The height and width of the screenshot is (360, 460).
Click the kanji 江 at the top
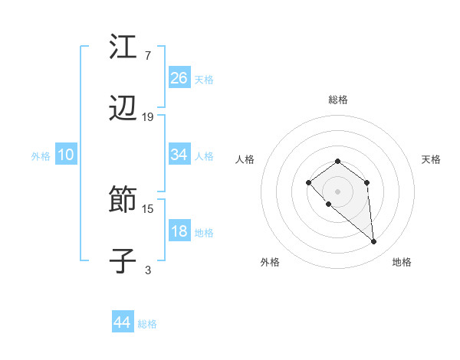click(x=123, y=47)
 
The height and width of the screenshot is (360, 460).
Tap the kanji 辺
click(x=123, y=110)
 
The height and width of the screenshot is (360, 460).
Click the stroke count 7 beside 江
click(x=147, y=55)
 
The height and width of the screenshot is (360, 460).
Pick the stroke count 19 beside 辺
click(x=148, y=117)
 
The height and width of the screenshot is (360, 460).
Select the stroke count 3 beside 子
click(x=147, y=270)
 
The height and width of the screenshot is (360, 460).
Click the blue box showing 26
click(x=179, y=77)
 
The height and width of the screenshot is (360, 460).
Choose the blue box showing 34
click(x=179, y=155)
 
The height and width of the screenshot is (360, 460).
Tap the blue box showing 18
click(x=179, y=231)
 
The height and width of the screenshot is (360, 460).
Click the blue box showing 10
click(x=66, y=155)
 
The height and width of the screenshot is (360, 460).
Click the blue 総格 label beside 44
click(x=147, y=324)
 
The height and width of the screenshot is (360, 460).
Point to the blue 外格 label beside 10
click(x=41, y=156)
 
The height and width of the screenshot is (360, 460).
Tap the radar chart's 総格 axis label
click(x=337, y=100)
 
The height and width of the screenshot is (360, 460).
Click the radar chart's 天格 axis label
click(x=431, y=159)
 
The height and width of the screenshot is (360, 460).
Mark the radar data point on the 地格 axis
click(x=374, y=242)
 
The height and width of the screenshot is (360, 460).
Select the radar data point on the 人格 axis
click(x=308, y=182)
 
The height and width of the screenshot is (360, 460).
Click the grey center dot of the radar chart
click(x=337, y=191)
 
